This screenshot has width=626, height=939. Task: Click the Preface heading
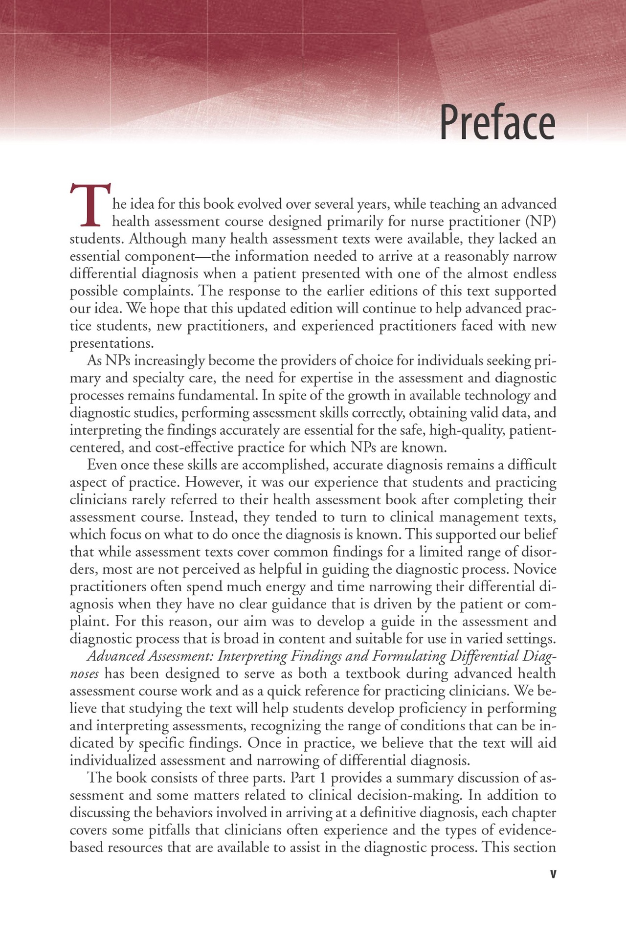click(x=497, y=123)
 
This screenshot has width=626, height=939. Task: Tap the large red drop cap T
click(x=90, y=205)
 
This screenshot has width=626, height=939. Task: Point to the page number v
click(x=553, y=874)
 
